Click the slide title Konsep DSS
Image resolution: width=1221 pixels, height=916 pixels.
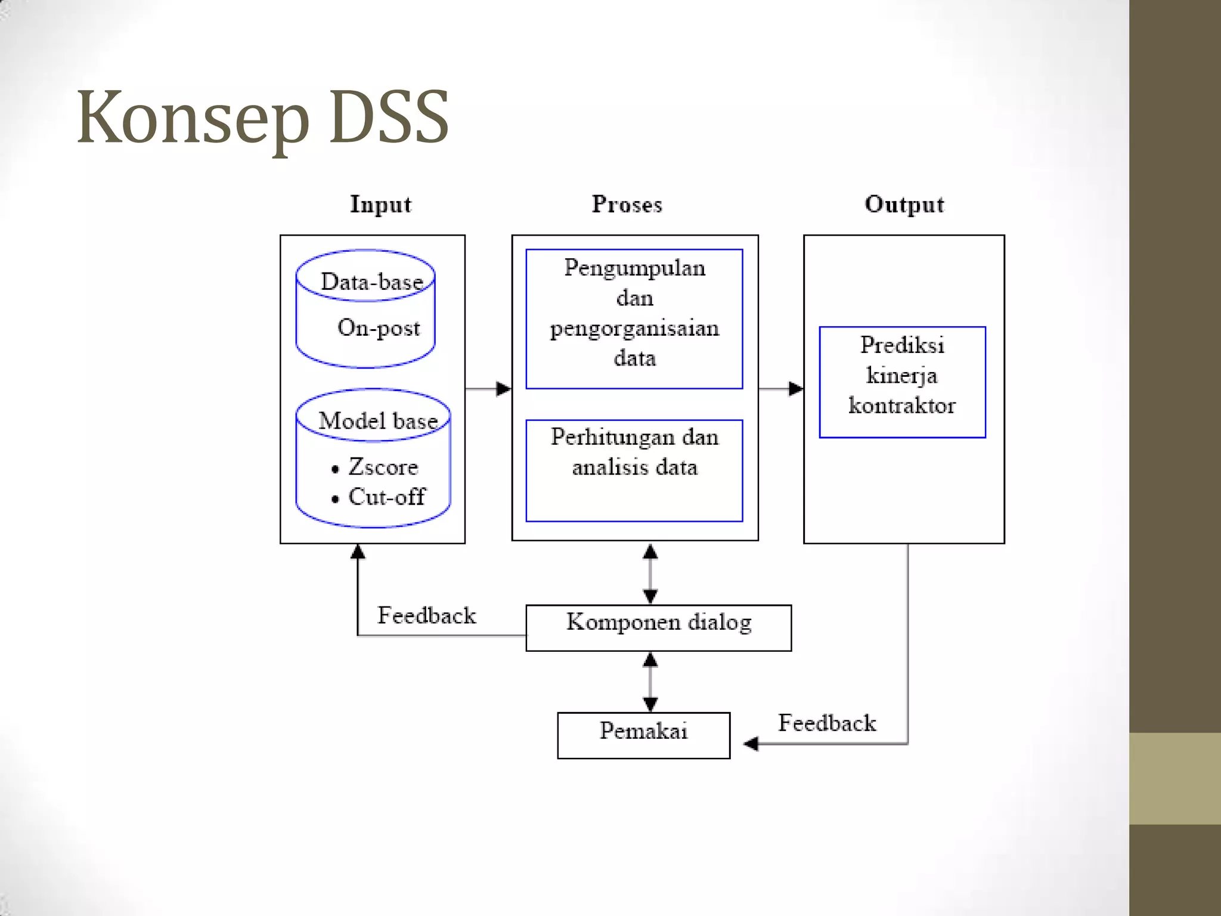(x=262, y=117)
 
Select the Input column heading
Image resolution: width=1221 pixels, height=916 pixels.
(x=380, y=205)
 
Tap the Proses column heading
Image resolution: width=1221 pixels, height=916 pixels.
(x=627, y=205)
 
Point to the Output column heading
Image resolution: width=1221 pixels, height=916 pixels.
(x=904, y=205)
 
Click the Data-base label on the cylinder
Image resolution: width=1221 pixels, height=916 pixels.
(x=371, y=281)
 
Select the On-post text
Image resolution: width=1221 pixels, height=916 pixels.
(x=379, y=327)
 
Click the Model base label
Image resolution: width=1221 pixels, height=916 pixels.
(x=378, y=421)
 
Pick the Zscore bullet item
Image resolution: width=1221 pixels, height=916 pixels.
(x=383, y=467)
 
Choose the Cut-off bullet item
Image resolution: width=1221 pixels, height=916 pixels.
(x=386, y=497)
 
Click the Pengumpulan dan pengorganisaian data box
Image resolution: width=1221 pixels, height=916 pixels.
(x=634, y=318)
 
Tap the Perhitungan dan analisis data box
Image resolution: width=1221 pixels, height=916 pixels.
(x=634, y=470)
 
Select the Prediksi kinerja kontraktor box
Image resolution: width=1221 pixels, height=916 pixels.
(x=902, y=382)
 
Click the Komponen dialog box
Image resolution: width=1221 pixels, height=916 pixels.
(x=658, y=627)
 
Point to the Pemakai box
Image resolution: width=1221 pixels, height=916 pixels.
(x=643, y=735)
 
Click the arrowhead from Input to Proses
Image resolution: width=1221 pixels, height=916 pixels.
(x=504, y=389)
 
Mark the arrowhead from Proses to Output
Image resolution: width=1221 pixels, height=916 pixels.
(x=796, y=389)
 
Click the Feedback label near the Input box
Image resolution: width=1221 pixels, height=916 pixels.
(x=426, y=615)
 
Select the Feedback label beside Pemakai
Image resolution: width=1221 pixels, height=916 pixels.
(x=827, y=723)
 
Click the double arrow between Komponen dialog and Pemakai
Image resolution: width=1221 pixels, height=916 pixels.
(x=650, y=682)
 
